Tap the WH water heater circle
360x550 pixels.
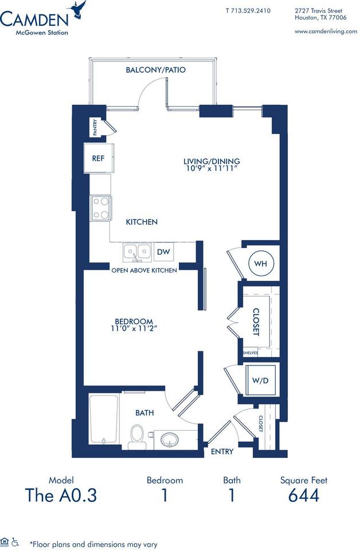[x=261, y=264]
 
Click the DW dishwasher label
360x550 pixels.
[x=163, y=252]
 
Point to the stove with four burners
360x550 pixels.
[x=100, y=208]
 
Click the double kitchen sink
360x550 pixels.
[x=136, y=252]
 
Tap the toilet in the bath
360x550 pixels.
[x=136, y=436]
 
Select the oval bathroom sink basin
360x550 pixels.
[x=170, y=440]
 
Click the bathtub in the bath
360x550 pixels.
[x=104, y=419]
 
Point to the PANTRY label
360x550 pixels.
[x=95, y=127]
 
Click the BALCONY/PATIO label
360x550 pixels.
[x=155, y=70]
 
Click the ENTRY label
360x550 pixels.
[x=222, y=452]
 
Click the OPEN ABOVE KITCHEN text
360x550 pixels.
[x=144, y=270]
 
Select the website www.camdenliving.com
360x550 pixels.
[x=325, y=32]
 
